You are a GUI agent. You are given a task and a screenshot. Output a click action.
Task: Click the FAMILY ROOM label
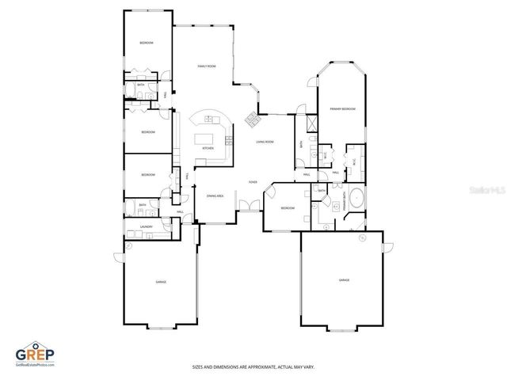click(206, 66)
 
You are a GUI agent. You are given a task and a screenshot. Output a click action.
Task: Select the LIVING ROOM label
click(264, 142)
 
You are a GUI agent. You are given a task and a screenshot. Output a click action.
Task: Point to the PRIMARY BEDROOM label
click(342, 108)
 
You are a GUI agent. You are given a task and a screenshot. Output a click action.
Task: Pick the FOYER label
click(253, 182)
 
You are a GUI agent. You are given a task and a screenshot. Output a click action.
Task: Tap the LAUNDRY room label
click(146, 227)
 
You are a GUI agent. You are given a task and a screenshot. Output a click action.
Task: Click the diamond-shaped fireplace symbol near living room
click(251, 120)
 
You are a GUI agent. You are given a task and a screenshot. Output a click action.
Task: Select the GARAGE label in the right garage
click(344, 279)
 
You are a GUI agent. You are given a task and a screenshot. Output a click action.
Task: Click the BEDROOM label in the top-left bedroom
click(147, 42)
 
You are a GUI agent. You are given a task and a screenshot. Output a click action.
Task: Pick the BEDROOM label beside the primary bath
click(288, 207)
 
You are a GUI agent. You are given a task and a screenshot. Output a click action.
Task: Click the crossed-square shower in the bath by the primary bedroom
click(311, 123)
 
